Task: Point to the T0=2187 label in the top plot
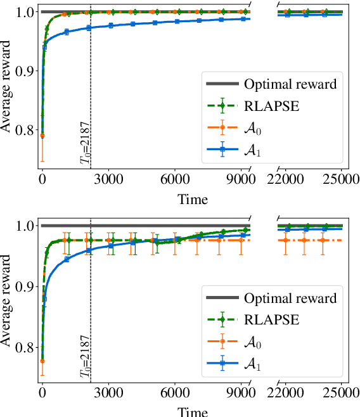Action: pos(84,150)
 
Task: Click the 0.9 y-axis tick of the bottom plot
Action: pos(22,286)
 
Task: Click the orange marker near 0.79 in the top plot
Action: pos(42,136)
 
